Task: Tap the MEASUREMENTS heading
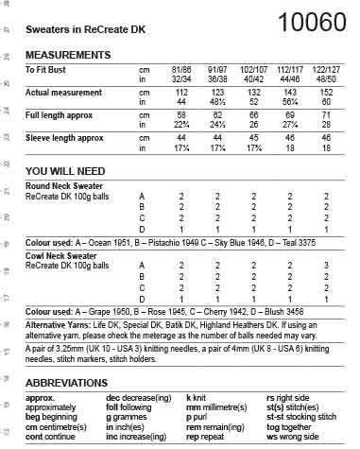68,56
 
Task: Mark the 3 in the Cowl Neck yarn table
325,266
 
